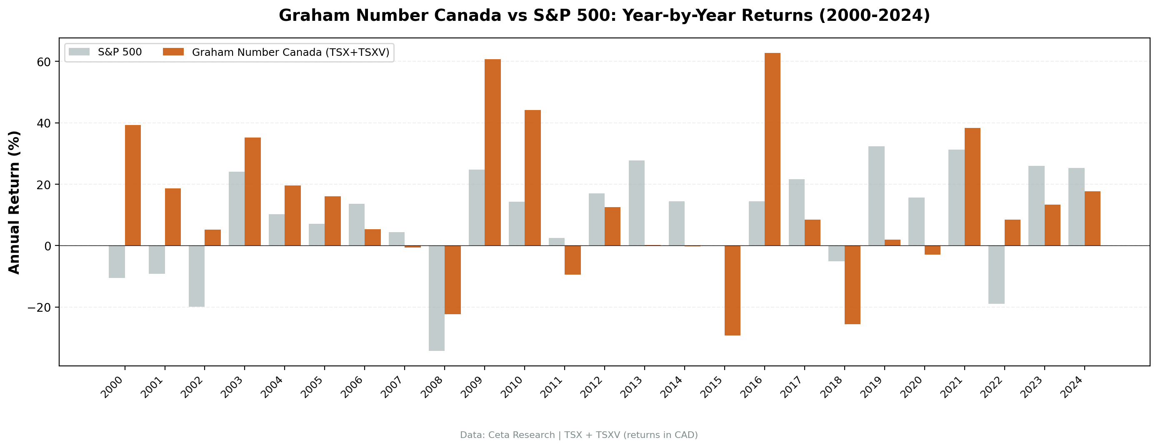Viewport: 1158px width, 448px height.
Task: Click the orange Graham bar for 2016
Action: [x=772, y=149]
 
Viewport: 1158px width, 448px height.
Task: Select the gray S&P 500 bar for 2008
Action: [x=437, y=298]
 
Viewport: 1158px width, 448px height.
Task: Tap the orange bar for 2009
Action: [x=493, y=153]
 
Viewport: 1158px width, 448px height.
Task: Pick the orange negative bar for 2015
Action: [x=732, y=290]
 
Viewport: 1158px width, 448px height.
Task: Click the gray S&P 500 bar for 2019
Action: [x=876, y=196]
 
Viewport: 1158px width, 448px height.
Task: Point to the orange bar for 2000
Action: [x=133, y=185]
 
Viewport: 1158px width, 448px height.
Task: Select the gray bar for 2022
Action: [x=996, y=274]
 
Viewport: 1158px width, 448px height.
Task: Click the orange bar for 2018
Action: [x=852, y=285]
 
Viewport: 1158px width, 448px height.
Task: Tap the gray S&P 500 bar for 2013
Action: [x=637, y=203]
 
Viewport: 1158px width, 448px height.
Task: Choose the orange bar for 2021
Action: [x=972, y=187]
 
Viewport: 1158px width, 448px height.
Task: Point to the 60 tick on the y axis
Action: [x=44, y=62]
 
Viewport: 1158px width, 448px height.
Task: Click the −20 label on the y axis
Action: [x=39, y=308]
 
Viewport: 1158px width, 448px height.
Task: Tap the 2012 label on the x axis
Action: [x=591, y=388]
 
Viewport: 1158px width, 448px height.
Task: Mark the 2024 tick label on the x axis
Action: [x=1071, y=388]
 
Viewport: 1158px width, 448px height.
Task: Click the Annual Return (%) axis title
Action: [x=15, y=203]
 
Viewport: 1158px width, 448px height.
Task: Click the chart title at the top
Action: [x=604, y=16]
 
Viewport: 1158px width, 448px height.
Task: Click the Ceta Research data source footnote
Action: [x=578, y=435]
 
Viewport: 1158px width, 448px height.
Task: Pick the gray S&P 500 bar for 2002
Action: [x=196, y=276]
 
